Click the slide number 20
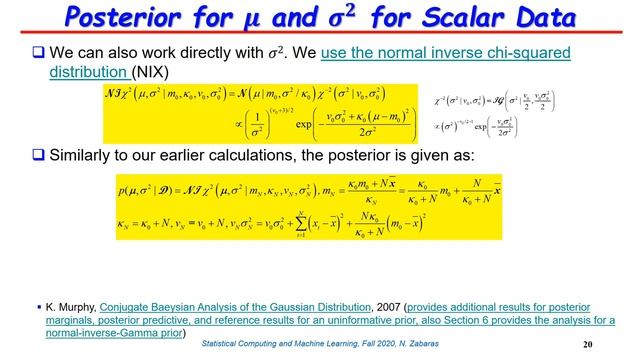coord(600,343)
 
